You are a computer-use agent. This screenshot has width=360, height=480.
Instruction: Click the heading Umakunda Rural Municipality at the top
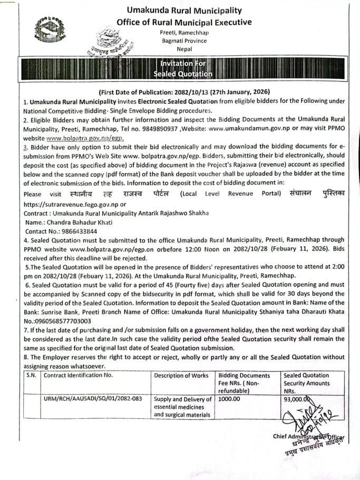[184, 10]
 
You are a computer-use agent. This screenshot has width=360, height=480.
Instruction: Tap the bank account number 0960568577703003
[57, 320]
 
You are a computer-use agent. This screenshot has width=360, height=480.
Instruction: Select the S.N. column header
[32, 376]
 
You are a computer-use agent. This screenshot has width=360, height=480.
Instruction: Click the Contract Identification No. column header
[78, 376]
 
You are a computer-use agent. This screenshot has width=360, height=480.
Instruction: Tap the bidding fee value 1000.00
[229, 399]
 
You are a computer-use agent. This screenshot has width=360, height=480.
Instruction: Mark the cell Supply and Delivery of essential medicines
[182, 407]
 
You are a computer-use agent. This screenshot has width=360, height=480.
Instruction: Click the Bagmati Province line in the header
[183, 41]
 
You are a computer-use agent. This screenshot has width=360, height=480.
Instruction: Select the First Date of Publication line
[184, 92]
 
